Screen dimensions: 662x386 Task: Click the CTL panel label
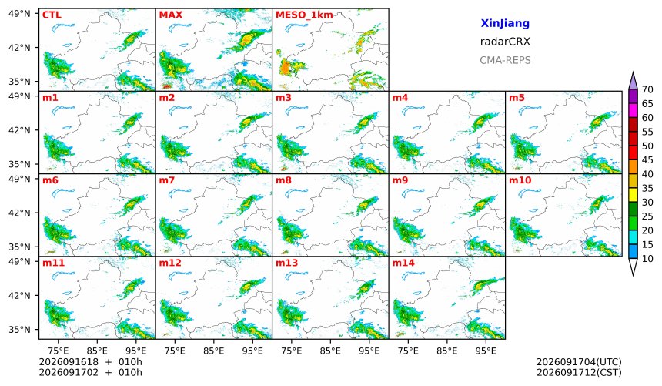coord(52,15)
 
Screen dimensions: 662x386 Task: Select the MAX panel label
coord(171,15)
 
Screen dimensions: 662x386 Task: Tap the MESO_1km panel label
coord(304,15)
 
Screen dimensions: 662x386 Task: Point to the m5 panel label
coord(517,98)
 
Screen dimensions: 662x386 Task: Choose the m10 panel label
coord(520,180)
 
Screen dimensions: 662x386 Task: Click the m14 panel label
coord(403,263)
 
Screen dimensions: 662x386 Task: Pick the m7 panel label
coord(167,180)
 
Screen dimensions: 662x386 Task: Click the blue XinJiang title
coord(505,23)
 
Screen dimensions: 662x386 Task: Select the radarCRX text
coord(505,42)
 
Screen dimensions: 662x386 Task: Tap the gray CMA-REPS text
coord(505,60)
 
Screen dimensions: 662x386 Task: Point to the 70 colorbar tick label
coord(647,89)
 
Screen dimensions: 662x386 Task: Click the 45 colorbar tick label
coord(647,160)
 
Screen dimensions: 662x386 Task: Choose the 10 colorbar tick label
coord(647,259)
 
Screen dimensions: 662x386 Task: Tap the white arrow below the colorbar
coord(633,266)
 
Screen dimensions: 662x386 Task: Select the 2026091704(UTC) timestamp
coord(579,362)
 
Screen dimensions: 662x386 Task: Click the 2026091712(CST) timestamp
coord(579,372)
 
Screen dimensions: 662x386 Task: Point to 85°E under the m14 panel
coord(446,351)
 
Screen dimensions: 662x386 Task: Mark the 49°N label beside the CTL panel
coord(19,14)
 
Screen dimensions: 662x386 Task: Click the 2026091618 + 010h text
coord(90,362)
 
